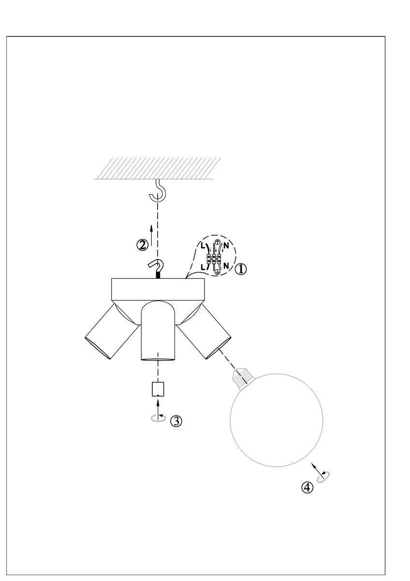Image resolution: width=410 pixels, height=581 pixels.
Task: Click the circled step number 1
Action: pyautogui.click(x=241, y=269)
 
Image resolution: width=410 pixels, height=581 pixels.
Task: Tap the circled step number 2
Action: pyautogui.click(x=143, y=245)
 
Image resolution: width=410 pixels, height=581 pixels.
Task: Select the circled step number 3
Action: pyautogui.click(x=176, y=421)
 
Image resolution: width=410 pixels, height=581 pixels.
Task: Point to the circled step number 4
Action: pyautogui.click(x=307, y=487)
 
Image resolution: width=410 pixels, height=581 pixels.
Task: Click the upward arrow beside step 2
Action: pyautogui.click(x=151, y=235)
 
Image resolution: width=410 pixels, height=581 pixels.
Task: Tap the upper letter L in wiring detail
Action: pyautogui.click(x=203, y=245)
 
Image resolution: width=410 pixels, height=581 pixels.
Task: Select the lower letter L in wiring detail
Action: pyautogui.click(x=203, y=267)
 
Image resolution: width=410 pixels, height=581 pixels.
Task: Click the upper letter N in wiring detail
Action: pyautogui.click(x=226, y=245)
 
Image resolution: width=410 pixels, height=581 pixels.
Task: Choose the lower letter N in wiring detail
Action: pyautogui.click(x=226, y=265)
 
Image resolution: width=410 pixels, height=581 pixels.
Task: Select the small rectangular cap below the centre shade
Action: pyautogui.click(x=158, y=389)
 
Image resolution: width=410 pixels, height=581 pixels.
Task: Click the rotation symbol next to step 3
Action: pyautogui.click(x=158, y=417)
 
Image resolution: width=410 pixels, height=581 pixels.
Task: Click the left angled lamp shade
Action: pyautogui.click(x=112, y=331)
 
